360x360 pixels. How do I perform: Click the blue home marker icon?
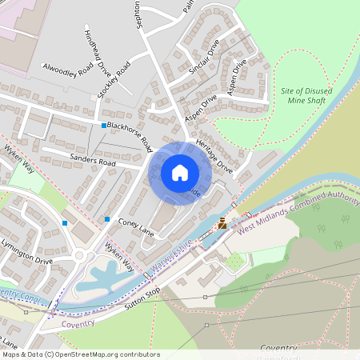[180, 172]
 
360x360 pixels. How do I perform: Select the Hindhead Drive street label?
[97, 52]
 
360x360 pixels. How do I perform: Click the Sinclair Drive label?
[202, 57]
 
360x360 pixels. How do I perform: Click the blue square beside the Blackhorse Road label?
[104, 126]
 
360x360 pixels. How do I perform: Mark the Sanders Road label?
[93, 161]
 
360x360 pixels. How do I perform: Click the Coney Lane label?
[134, 225]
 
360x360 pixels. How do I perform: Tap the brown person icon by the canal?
[222, 223]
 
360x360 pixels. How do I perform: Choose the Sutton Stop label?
[142, 295]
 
